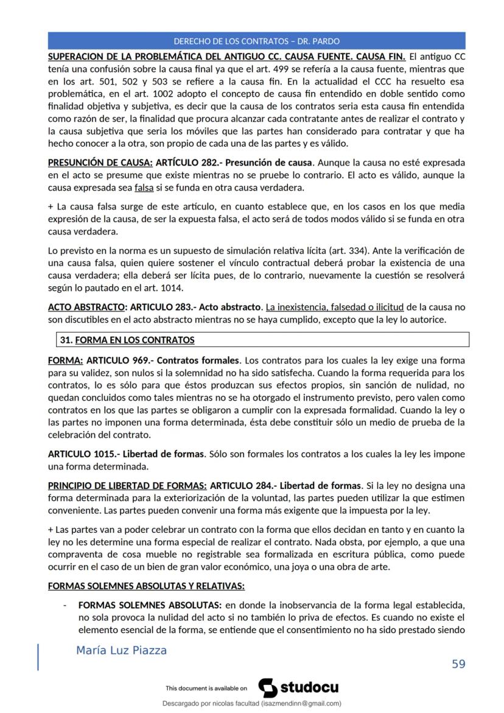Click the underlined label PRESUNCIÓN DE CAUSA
[100, 163]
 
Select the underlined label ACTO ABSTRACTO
[85, 307]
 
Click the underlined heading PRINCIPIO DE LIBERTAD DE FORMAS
[127, 486]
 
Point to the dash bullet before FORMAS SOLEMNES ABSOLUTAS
[65, 606]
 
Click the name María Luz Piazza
[121, 650]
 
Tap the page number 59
[458, 663]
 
